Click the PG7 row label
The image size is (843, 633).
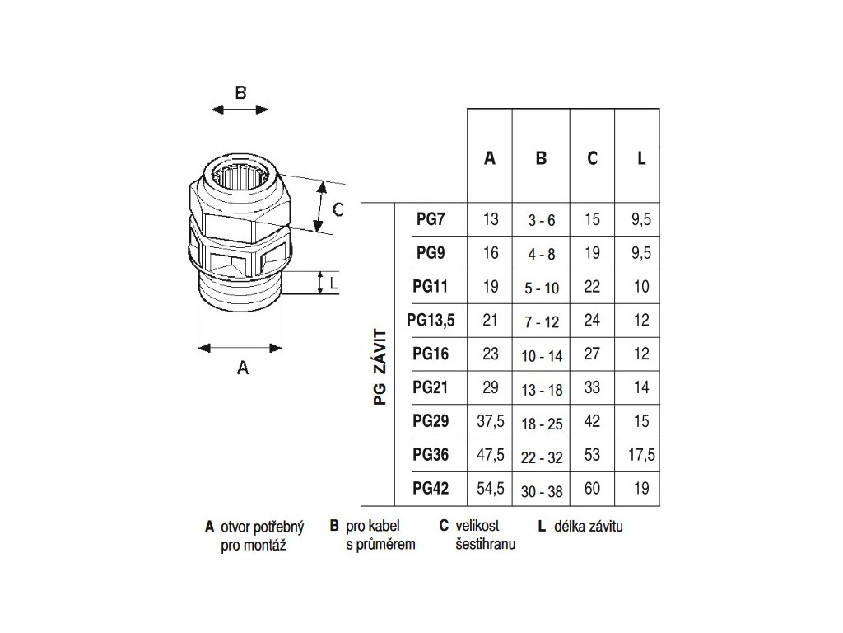point(431,219)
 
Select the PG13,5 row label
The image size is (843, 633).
point(431,321)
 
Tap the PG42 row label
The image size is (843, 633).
point(431,488)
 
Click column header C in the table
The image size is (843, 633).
point(592,158)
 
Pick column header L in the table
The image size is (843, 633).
point(641,158)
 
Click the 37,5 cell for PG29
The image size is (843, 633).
point(491,421)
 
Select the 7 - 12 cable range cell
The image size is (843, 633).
point(542,322)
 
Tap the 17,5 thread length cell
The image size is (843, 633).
point(641,455)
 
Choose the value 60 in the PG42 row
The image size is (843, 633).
point(592,488)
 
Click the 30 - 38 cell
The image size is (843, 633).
point(542,491)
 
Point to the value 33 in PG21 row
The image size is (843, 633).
point(592,387)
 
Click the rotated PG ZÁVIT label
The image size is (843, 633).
point(380,367)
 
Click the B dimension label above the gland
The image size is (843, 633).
point(241,92)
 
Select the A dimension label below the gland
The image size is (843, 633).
point(243,368)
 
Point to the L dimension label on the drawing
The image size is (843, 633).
point(334,283)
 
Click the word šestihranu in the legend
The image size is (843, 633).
point(486,544)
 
